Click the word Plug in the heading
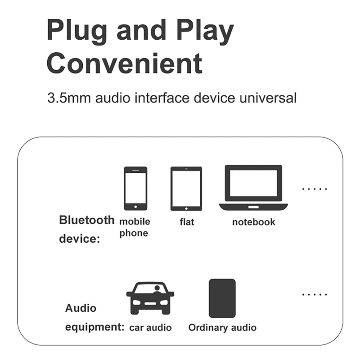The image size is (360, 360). (77, 31)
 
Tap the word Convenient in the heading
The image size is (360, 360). (125, 63)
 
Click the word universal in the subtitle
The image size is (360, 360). (268, 98)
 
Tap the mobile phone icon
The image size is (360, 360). (135, 189)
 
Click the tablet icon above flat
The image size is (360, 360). (186, 189)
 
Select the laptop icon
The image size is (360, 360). (253, 188)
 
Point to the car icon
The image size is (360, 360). (150, 298)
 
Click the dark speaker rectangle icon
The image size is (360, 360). (222, 298)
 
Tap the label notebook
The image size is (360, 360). (253, 222)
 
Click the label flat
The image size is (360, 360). (187, 222)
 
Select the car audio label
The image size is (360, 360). (150, 328)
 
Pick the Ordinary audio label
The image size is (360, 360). (222, 328)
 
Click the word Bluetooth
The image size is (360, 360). (86, 220)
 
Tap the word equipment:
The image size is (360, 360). (94, 327)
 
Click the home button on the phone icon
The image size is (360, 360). (135, 207)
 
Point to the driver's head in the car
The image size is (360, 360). (157, 288)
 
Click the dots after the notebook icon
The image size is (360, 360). (315, 189)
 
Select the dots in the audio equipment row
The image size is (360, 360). (315, 294)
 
